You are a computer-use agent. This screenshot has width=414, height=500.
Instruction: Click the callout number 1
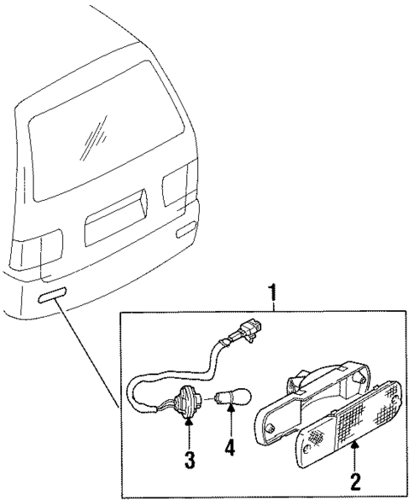[x=273, y=295]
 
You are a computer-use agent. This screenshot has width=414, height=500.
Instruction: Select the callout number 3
[x=190, y=460]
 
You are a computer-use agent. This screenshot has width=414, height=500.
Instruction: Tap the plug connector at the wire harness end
[x=249, y=332]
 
